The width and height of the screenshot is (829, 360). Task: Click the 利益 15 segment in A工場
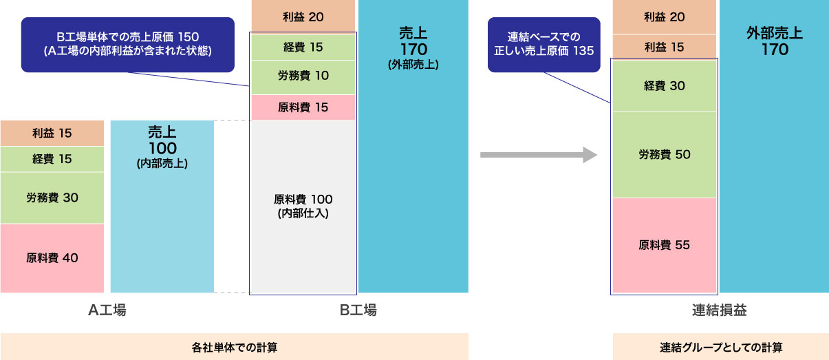pyautogui.click(x=52, y=133)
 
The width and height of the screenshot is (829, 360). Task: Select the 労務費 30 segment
pyautogui.click(x=52, y=198)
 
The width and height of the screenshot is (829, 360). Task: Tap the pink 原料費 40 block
pyautogui.click(x=52, y=258)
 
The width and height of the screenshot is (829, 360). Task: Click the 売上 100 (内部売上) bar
pyautogui.click(x=162, y=207)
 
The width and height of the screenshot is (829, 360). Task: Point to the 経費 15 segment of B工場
pyautogui.click(x=303, y=47)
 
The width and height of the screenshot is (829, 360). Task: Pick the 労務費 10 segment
pyautogui.click(x=303, y=76)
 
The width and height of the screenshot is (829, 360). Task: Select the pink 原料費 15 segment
pyautogui.click(x=303, y=107)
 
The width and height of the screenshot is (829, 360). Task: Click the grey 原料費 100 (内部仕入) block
pyautogui.click(x=303, y=205)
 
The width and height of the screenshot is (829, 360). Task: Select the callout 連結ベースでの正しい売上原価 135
pyautogui.click(x=543, y=44)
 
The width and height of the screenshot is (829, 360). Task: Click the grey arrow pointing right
pyautogui.click(x=537, y=155)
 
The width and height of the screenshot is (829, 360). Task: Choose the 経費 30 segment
pyautogui.click(x=664, y=85)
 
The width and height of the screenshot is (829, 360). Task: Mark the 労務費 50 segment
pyautogui.click(x=664, y=154)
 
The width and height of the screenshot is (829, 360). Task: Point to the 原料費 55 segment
pyautogui.click(x=664, y=245)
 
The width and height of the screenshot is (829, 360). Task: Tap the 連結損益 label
pyautogui.click(x=719, y=310)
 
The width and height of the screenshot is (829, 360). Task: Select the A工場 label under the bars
pyautogui.click(x=107, y=310)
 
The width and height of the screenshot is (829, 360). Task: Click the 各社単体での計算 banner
pyautogui.click(x=234, y=347)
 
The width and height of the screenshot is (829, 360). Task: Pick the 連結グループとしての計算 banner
pyautogui.click(x=720, y=347)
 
